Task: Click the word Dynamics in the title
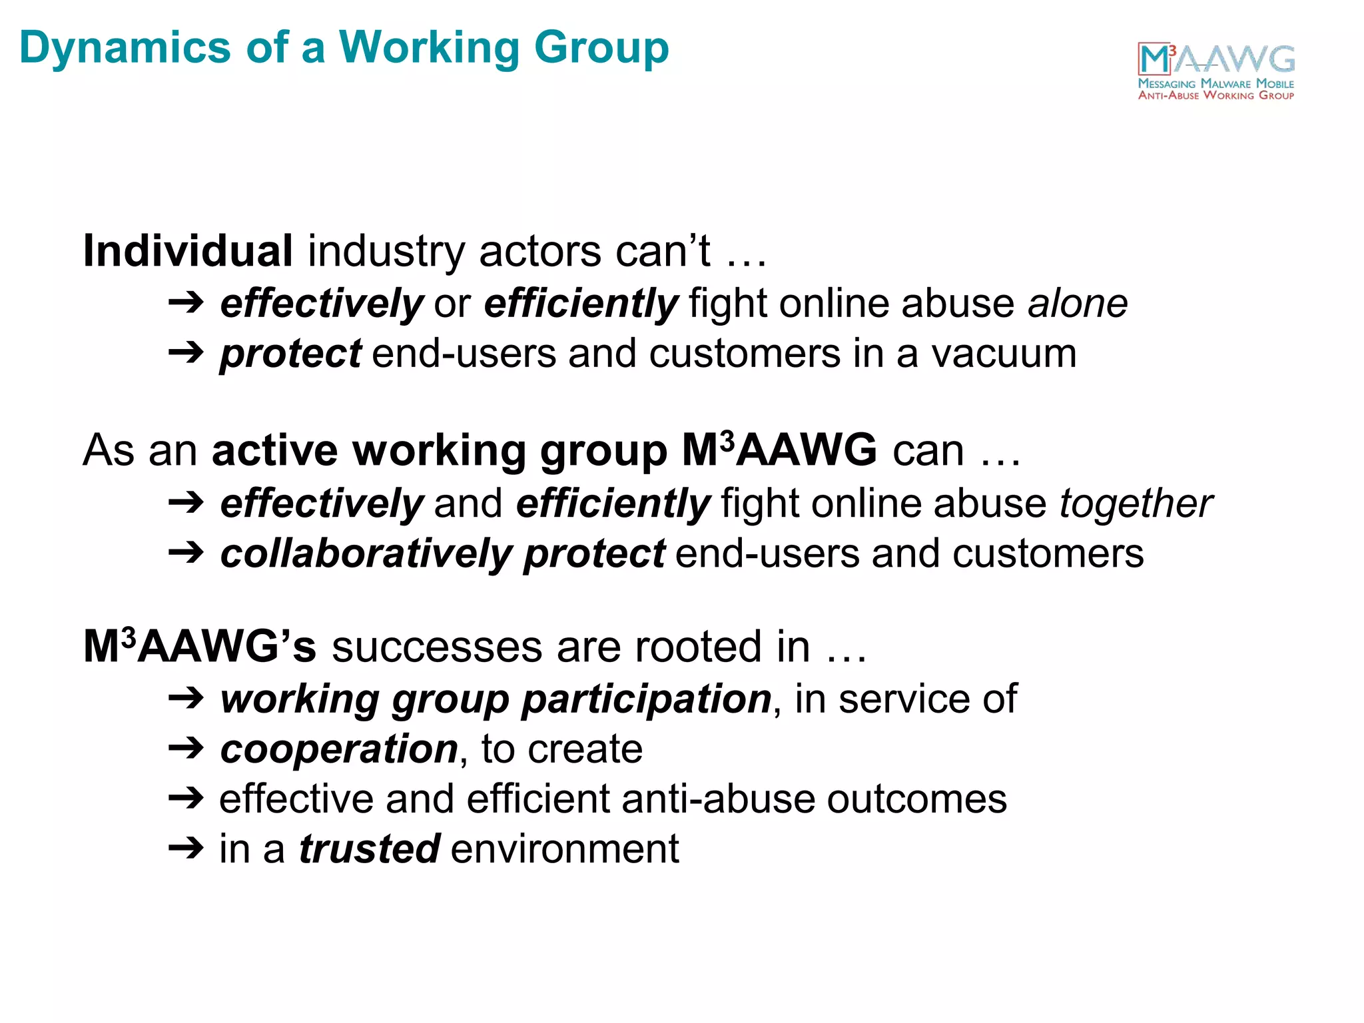(125, 48)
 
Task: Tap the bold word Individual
(188, 251)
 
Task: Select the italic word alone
(1077, 303)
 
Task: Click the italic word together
(1136, 503)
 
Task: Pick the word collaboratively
(366, 553)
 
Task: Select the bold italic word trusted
(369, 849)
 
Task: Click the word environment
(565, 849)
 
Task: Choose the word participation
(646, 699)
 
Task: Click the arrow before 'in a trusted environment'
(186, 849)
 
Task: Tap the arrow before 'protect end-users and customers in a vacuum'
(186, 353)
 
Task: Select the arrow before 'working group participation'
(186, 699)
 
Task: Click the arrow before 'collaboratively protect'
(186, 553)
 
